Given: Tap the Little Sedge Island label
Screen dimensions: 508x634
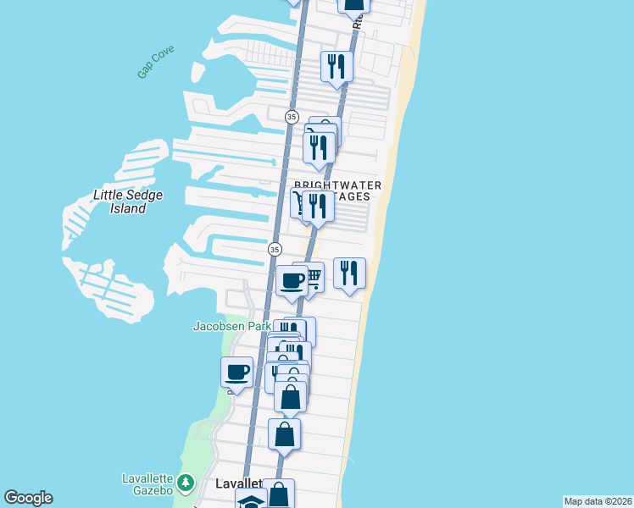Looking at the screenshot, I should click(127, 202).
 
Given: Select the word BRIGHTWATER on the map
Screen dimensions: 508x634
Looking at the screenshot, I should click(337, 185).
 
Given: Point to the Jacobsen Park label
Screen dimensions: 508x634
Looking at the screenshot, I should click(231, 325).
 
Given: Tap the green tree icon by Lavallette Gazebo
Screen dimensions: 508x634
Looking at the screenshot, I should click(189, 483).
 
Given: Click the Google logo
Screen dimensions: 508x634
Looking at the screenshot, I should click(28, 498).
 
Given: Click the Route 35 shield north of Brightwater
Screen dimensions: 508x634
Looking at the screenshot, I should click(291, 117).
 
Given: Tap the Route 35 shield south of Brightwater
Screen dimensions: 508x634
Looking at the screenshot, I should click(275, 249).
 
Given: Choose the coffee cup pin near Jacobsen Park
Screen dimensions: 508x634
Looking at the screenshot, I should click(237, 372).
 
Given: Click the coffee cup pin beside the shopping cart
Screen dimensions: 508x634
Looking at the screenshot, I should click(292, 281).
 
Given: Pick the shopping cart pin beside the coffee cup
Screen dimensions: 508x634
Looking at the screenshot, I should click(312, 276).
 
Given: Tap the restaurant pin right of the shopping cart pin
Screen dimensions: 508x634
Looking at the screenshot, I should click(349, 273).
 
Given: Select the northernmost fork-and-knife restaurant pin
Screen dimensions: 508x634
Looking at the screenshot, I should click(336, 66).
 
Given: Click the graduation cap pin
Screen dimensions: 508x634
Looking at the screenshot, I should click(251, 500).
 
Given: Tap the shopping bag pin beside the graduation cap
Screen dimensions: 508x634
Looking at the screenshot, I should click(279, 494).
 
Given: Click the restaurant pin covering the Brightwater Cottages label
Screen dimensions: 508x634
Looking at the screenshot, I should click(318, 206).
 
